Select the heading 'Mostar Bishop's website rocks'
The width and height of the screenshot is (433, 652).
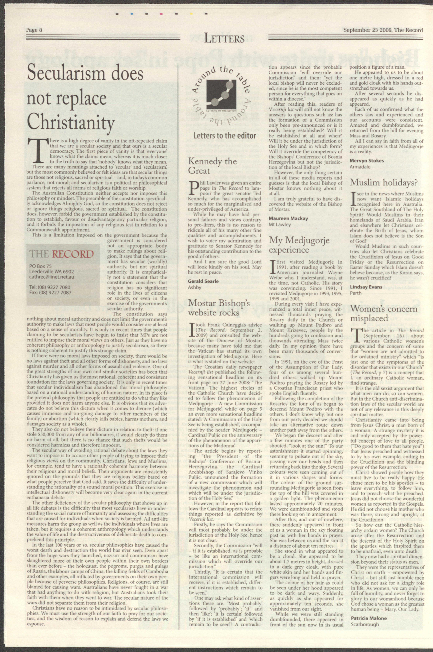point(219,308)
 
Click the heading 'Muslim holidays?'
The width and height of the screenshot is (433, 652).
point(384,182)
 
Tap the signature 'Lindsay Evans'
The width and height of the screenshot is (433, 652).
point(366,287)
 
